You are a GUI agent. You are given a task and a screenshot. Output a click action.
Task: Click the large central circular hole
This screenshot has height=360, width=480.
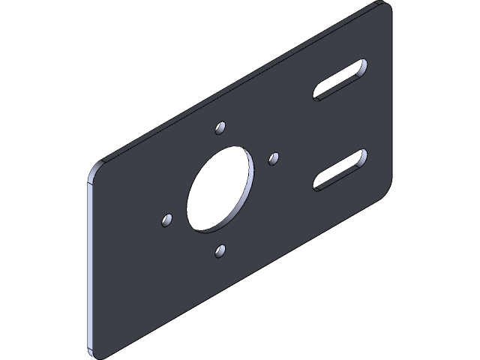[219, 187]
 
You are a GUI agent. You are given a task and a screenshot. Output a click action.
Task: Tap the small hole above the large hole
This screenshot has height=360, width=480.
[220, 127]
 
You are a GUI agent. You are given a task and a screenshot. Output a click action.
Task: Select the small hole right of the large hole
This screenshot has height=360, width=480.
[274, 157]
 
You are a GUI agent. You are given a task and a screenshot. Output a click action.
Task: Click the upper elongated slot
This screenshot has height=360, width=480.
[340, 79]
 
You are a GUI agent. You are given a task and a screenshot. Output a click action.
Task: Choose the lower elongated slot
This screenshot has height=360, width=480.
[340, 170]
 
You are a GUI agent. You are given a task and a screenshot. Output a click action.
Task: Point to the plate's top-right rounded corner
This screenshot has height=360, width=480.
[386, 7]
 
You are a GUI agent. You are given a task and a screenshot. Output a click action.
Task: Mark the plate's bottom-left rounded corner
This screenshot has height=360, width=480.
[93, 350]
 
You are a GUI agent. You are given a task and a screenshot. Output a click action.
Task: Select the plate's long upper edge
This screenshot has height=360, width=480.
[240, 82]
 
